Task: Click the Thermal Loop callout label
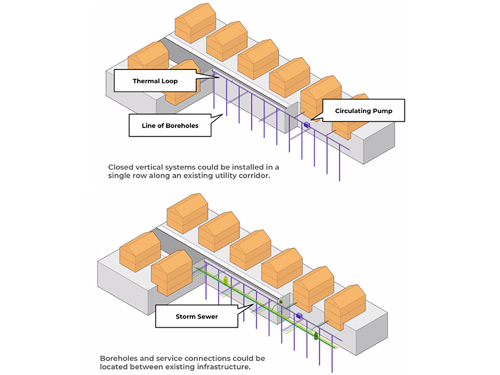click(x=155, y=80)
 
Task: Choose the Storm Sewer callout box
click(x=196, y=316)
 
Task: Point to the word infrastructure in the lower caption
click(x=222, y=367)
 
